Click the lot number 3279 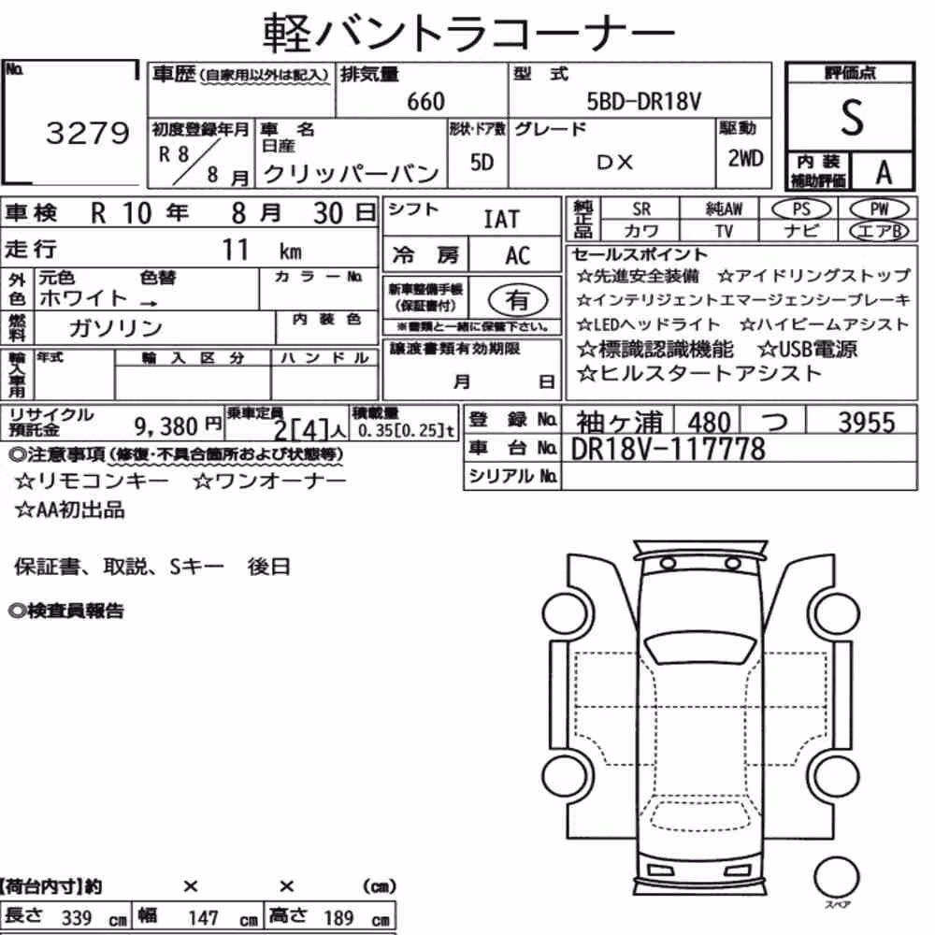[87, 133]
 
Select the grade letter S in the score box [852, 118]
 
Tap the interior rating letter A [884, 172]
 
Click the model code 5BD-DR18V [643, 102]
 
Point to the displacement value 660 [425, 102]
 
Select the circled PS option [801, 209]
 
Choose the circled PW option [879, 209]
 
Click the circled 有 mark [518, 299]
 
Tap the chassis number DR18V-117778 [668, 449]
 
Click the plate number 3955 [867, 423]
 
